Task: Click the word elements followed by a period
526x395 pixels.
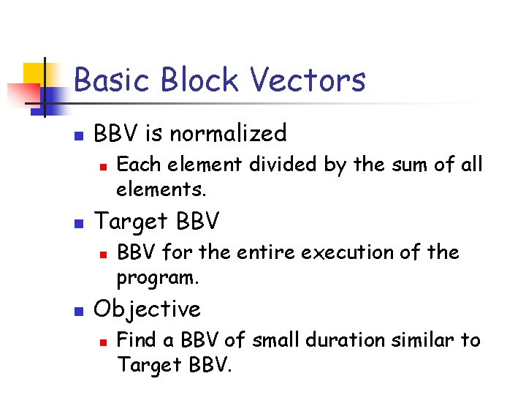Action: [161, 190]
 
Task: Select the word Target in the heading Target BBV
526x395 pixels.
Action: [130, 221]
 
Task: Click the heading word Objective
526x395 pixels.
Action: [147, 309]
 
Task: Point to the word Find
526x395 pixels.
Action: [136, 340]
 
